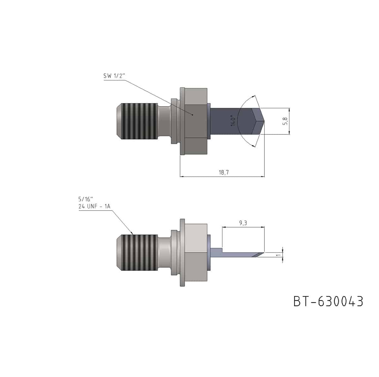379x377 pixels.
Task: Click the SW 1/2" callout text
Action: [x=114, y=76]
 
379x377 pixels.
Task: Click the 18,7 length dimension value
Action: [x=224, y=172]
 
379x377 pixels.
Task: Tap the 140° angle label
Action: [x=233, y=120]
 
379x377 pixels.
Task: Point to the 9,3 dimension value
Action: [x=243, y=223]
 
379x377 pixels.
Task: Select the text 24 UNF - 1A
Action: [x=94, y=206]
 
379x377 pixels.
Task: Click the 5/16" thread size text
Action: [x=86, y=199]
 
